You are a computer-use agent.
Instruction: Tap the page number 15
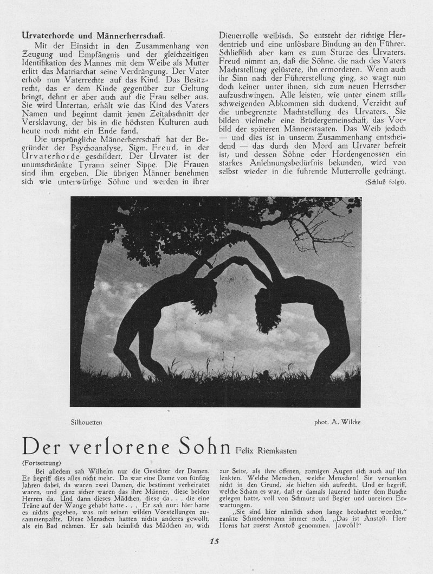coord(215,555)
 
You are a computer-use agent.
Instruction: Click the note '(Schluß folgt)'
coord(386,182)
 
